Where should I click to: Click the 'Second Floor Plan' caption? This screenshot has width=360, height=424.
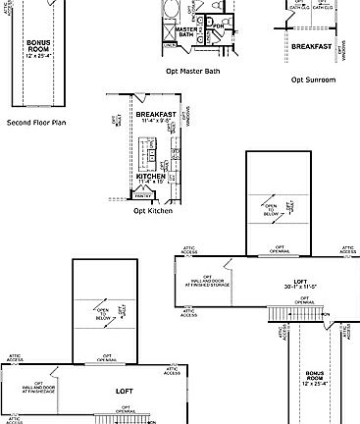pos(35,124)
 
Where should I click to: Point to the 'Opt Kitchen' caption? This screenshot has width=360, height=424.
pos(153,210)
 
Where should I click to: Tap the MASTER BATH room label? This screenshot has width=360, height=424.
pos(182,34)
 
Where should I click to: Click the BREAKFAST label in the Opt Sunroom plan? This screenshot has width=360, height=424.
pos(310,45)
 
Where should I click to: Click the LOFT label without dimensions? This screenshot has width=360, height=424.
pos(125,391)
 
